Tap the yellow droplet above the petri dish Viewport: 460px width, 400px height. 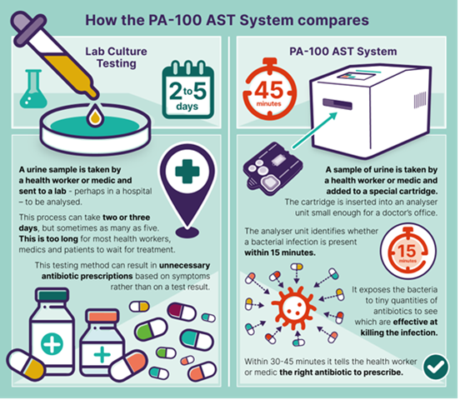click(95, 115)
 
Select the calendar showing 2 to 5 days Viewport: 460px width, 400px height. click(188, 89)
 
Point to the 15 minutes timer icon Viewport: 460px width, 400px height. click(407, 252)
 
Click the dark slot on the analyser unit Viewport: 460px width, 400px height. click(337, 104)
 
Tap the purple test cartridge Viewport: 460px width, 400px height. click(272, 167)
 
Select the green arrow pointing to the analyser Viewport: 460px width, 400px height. click(314, 130)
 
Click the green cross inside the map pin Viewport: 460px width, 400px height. click(187, 172)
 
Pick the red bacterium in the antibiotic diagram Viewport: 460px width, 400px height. click(293, 307)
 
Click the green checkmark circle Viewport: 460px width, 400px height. click(436, 367)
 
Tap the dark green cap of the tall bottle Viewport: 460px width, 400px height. click(52, 295)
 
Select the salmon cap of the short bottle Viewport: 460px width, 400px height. click(102, 317)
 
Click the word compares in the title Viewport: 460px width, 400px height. click(333, 21)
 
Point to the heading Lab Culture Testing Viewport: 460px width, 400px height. click(116, 57)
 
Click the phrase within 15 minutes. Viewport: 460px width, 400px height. click(280, 252)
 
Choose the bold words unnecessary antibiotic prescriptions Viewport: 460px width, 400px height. click(126, 271)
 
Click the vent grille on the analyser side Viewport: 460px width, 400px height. click(419, 100)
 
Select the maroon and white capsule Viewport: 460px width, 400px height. click(182, 311)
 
